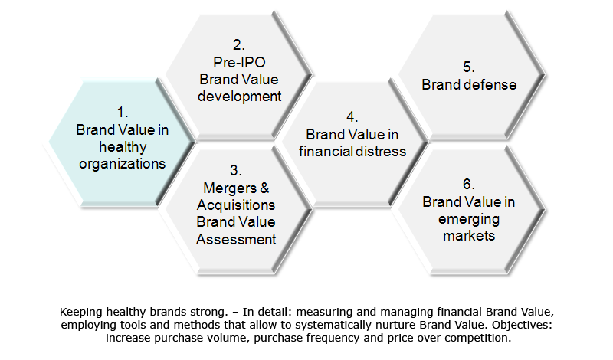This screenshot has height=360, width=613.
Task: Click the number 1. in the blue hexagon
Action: (x=123, y=113)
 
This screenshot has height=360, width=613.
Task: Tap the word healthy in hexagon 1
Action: (x=123, y=147)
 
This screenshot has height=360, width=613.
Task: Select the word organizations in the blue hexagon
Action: (x=123, y=164)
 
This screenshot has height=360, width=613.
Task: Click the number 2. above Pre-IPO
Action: (x=238, y=45)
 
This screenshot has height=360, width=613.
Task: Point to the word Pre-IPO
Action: (x=239, y=62)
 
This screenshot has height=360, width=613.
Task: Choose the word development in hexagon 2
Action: (x=239, y=97)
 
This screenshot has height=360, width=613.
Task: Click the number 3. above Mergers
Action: (x=235, y=170)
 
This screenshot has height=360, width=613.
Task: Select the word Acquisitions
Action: (x=236, y=205)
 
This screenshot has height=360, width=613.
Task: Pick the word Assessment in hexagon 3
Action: (x=236, y=239)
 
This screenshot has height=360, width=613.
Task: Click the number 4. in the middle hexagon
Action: (x=352, y=117)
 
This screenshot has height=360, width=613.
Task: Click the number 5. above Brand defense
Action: (x=468, y=67)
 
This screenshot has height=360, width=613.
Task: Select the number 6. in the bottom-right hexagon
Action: (x=468, y=184)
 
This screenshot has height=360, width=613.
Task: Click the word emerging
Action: (x=469, y=220)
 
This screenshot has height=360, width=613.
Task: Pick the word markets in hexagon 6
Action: (x=469, y=236)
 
